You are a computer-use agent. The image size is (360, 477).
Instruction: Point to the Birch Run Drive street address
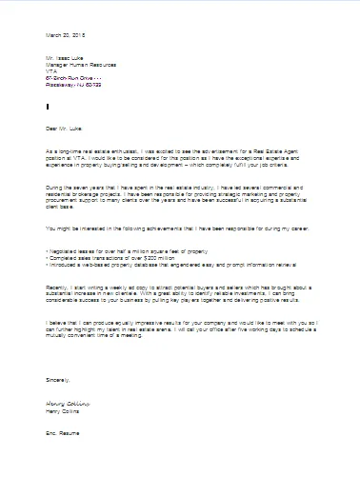point(77,81)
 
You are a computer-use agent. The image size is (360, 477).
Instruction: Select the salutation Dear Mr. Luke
point(64,125)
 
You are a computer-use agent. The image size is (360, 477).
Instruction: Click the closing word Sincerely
point(58,379)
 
